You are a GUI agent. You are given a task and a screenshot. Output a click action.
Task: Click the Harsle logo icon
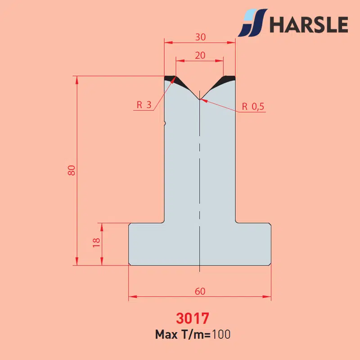tap(252, 23)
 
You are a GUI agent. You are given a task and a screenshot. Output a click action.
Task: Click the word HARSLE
tap(309, 24)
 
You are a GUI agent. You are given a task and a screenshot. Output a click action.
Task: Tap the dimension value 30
tap(200, 37)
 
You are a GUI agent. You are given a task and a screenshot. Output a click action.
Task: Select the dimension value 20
tap(200, 55)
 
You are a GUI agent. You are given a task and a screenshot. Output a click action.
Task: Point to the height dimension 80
tap(72, 171)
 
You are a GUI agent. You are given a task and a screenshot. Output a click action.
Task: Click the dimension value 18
tap(96, 243)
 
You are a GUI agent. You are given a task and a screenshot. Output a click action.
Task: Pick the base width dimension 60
tap(200, 291)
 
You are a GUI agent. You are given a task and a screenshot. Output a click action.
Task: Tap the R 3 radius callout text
tap(144, 105)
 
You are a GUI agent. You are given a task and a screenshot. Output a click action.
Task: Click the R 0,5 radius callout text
tap(253, 107)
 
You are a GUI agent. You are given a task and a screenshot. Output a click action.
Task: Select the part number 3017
tap(193, 318)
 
